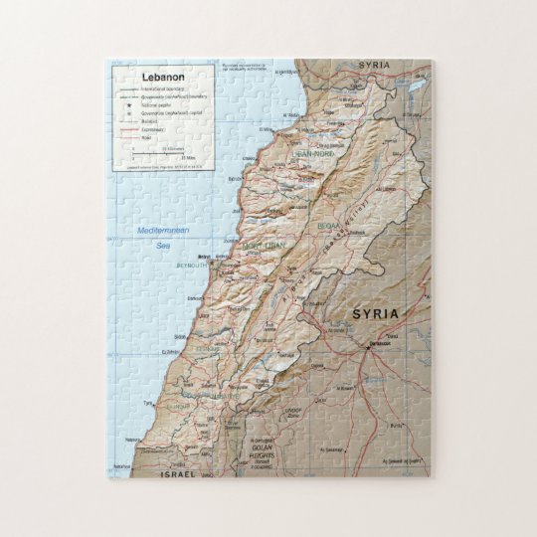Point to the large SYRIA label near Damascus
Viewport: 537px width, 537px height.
(375, 314)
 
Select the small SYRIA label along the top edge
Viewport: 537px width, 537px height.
(374, 66)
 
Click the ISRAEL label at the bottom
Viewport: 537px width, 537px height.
(179, 474)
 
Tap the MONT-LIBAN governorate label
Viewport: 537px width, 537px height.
(262, 245)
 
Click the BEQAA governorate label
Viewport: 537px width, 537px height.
(328, 227)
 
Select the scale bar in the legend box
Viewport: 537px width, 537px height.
(159, 154)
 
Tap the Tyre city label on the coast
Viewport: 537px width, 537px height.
(149, 404)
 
